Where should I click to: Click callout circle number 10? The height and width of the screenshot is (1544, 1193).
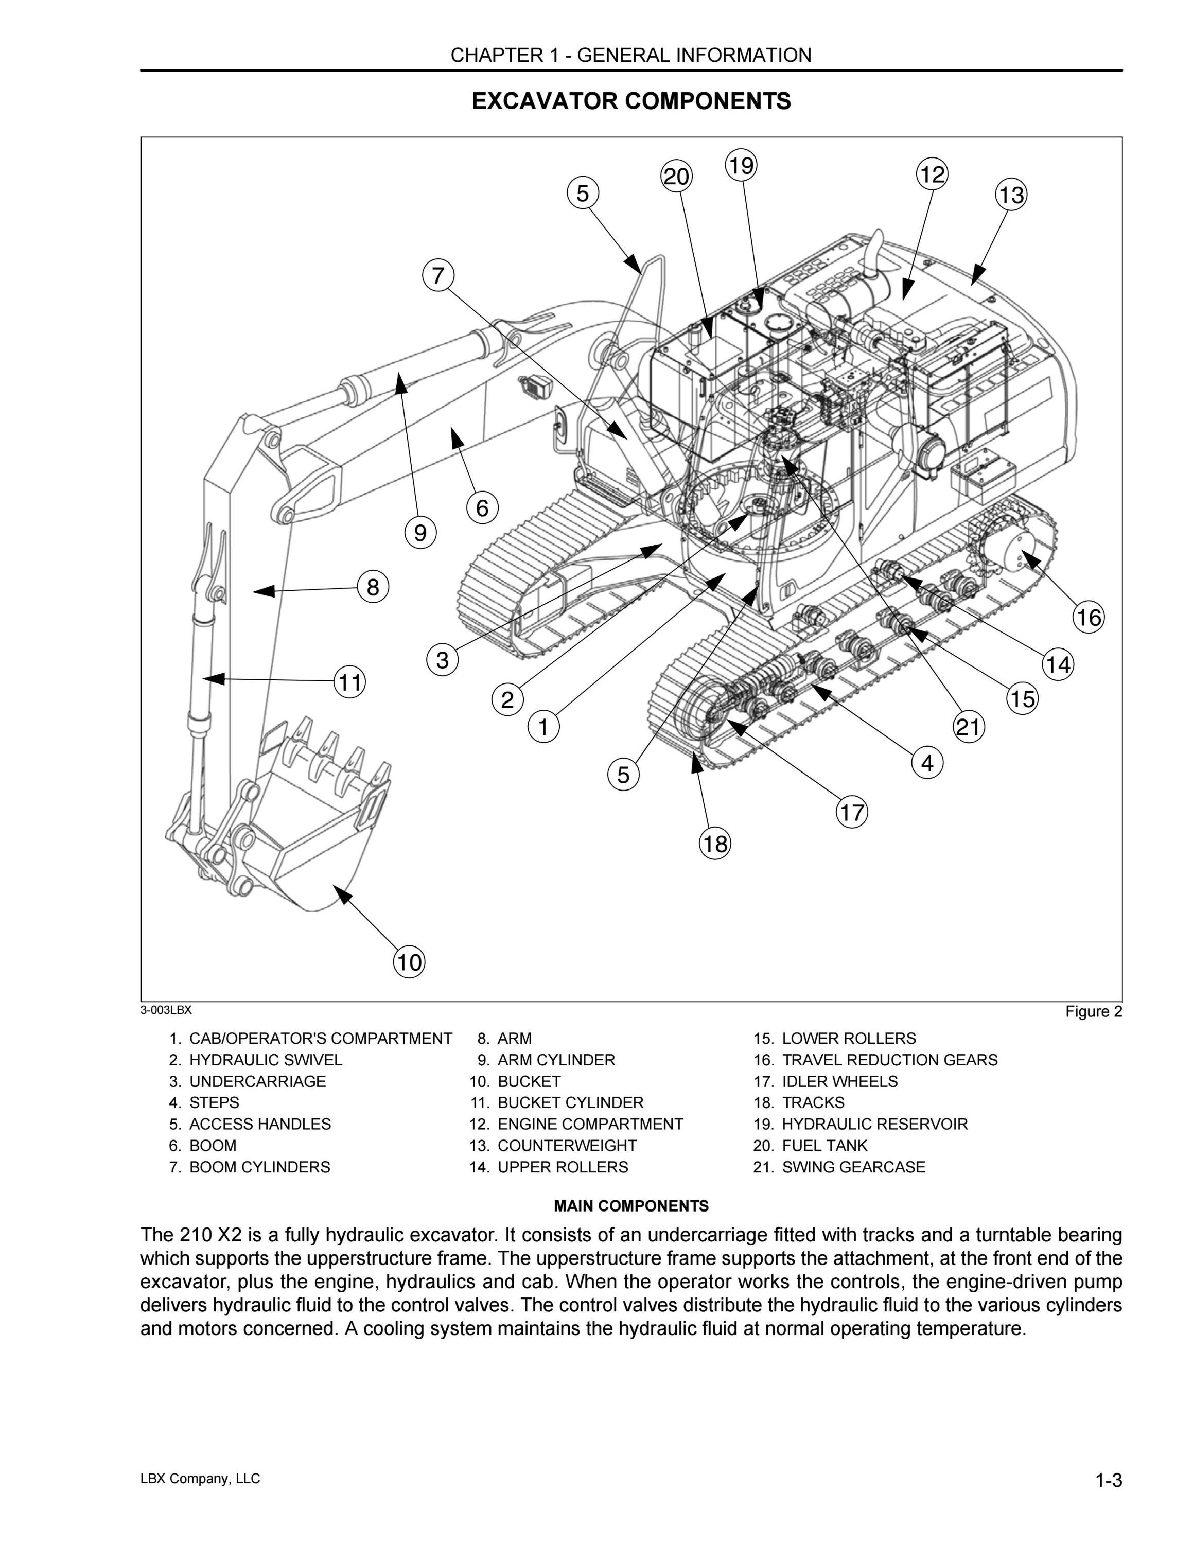click(409, 962)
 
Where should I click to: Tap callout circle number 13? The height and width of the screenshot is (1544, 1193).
click(1011, 195)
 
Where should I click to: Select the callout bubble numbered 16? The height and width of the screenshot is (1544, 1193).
click(1089, 617)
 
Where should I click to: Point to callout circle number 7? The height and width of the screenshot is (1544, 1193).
click(438, 274)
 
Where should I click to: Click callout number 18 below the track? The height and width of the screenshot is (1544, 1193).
click(715, 844)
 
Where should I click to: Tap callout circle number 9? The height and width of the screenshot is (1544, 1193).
click(420, 532)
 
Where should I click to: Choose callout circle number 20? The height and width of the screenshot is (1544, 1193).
click(676, 176)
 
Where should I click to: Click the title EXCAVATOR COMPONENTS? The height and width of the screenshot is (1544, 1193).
click(631, 101)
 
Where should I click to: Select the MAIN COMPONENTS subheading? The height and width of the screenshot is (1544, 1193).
click(631, 1205)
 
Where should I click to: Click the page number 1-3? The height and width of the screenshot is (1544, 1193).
click(1108, 1480)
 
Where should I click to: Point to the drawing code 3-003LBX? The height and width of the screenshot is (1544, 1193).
click(166, 1010)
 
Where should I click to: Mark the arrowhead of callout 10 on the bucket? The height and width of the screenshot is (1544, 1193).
click(342, 894)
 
